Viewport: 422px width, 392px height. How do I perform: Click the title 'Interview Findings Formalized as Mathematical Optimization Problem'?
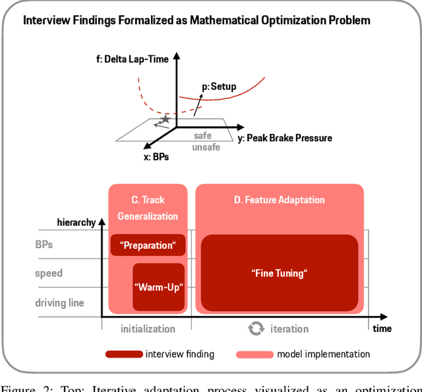tap(196, 20)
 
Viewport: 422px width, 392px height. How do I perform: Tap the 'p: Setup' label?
tap(218, 86)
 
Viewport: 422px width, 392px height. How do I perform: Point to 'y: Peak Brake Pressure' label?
tap(285, 138)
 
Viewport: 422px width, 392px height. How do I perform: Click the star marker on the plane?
tap(165, 119)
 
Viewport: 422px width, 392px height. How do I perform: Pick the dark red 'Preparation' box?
tap(148, 245)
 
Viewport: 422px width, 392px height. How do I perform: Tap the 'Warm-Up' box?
tap(158, 286)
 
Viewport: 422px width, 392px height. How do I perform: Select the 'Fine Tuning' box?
tap(279, 273)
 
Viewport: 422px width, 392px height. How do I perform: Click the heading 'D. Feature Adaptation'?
tap(279, 199)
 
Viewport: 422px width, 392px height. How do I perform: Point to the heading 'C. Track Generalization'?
tap(148, 207)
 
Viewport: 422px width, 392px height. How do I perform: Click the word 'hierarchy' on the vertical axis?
tap(77, 222)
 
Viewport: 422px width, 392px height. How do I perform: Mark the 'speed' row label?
tap(49, 273)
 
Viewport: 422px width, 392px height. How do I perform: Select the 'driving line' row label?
tap(59, 303)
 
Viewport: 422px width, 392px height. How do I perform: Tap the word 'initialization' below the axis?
tap(148, 328)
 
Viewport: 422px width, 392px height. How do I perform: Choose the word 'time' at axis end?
tap(382, 328)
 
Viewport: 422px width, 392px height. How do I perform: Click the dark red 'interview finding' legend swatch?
tap(123, 354)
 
